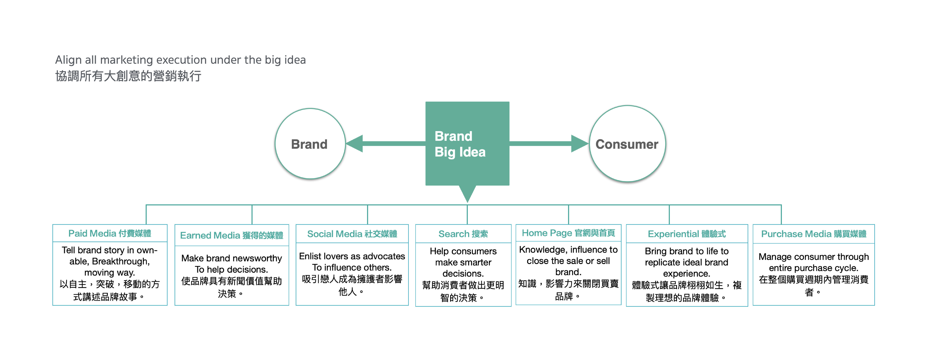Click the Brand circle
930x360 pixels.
[310, 144]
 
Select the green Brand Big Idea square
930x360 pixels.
[467, 144]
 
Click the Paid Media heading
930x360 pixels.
[110, 233]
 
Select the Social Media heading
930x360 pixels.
[352, 234]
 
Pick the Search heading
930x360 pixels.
[463, 234]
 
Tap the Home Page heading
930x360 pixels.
[568, 233]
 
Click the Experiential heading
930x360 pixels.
[687, 234]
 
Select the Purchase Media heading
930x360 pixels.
[813, 234]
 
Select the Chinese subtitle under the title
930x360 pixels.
[128, 76]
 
